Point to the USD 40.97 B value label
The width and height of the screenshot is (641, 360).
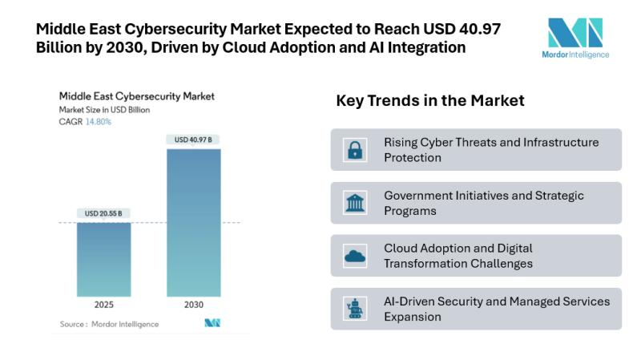pos(193,140)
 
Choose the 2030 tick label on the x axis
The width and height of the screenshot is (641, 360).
pos(193,306)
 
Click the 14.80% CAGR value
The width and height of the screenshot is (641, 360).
pos(99,122)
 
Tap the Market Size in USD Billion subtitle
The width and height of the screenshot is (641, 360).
pos(104,110)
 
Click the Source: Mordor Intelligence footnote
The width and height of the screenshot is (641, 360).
pos(109,324)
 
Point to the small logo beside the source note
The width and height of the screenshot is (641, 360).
pos(212,323)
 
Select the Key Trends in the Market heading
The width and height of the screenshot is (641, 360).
pos(430,101)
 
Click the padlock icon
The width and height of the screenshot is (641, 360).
pos(355,150)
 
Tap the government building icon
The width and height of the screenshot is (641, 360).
pos(355,203)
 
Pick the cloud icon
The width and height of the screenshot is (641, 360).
pos(355,256)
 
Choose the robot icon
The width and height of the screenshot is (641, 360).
pos(355,309)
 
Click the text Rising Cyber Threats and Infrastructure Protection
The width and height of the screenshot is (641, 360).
pos(491,150)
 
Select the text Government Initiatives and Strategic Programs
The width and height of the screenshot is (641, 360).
pos(484,203)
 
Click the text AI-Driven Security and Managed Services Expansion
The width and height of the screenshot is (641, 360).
pos(497,309)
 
